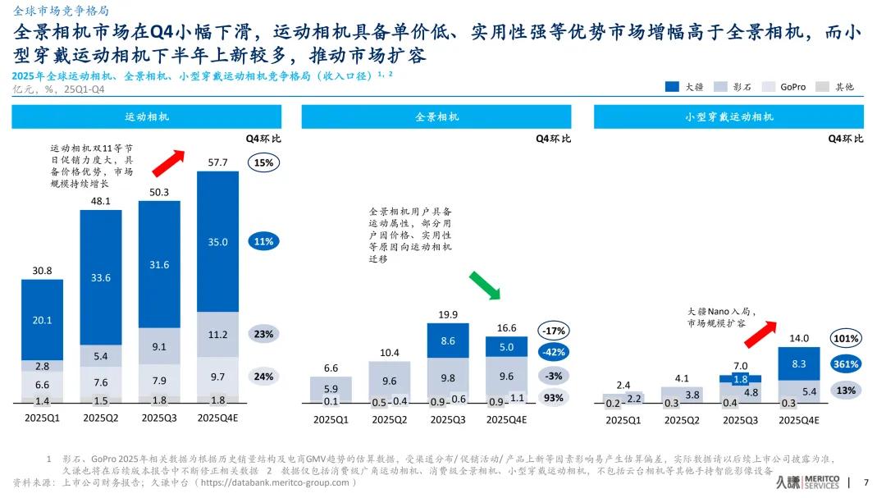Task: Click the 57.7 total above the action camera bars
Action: (x=217, y=162)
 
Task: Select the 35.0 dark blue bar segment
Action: (x=217, y=242)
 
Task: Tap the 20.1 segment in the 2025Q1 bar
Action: (x=42, y=320)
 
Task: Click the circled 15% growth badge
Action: (x=263, y=162)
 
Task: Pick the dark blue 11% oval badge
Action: (x=263, y=242)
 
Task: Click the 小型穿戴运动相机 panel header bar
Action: (x=728, y=117)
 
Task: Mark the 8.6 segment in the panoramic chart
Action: (x=448, y=340)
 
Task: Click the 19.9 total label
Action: (x=448, y=314)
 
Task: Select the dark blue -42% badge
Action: (x=553, y=352)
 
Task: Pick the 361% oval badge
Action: (x=845, y=363)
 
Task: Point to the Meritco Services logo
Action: (x=809, y=482)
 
